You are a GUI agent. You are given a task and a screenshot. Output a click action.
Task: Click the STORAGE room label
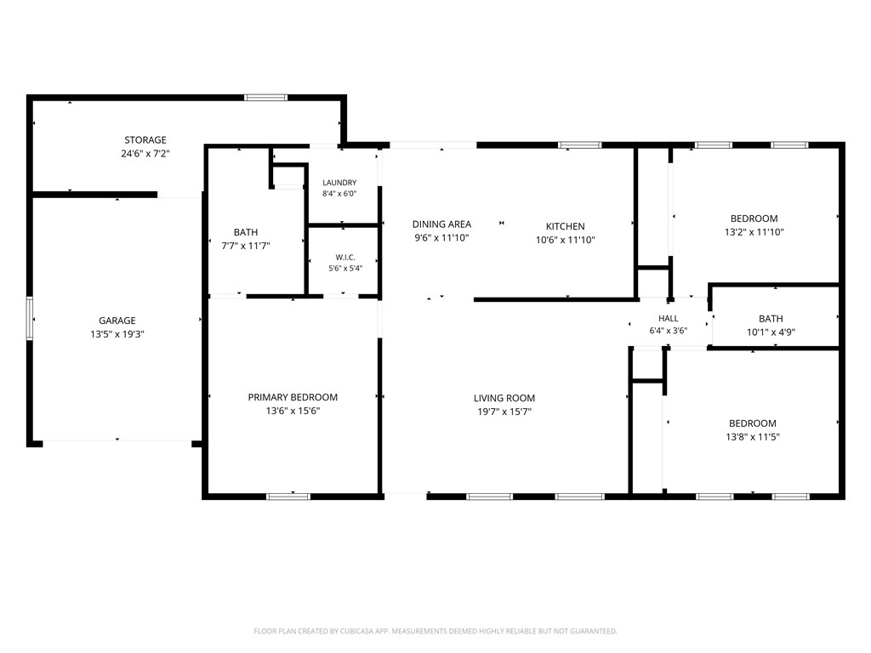[145, 140]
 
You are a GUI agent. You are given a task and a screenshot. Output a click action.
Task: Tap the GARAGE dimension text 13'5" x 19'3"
[117, 334]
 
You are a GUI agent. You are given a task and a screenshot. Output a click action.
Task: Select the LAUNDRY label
[339, 183]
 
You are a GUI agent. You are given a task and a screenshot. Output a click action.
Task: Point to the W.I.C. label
[345, 257]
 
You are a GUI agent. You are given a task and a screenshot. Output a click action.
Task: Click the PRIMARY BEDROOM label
[293, 397]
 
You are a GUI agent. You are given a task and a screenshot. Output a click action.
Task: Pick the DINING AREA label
[441, 224]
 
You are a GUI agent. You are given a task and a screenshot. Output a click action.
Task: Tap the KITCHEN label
[566, 226]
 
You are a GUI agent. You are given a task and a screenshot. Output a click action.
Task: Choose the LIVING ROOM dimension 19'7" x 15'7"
[504, 412]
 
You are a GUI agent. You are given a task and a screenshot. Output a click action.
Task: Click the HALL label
[669, 319]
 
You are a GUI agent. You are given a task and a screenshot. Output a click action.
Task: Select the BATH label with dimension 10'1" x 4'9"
[771, 319]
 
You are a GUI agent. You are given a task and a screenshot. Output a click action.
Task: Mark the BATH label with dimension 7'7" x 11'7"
[246, 232]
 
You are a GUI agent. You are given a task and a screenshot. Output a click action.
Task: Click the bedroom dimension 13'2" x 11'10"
[754, 232]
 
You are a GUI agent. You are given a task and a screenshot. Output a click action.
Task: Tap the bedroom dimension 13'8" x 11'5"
[753, 437]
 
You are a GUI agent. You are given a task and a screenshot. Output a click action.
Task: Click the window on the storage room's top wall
[266, 98]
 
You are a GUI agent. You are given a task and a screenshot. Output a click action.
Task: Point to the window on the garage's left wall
[30, 318]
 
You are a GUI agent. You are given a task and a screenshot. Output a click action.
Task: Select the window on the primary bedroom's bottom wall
[288, 497]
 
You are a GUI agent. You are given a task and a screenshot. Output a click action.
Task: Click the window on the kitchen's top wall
[580, 145]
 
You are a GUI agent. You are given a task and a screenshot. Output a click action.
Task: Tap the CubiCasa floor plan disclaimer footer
[435, 632]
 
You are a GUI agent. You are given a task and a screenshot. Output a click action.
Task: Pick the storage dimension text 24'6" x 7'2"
[145, 154]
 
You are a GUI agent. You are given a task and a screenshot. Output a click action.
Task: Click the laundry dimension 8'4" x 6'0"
[339, 194]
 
